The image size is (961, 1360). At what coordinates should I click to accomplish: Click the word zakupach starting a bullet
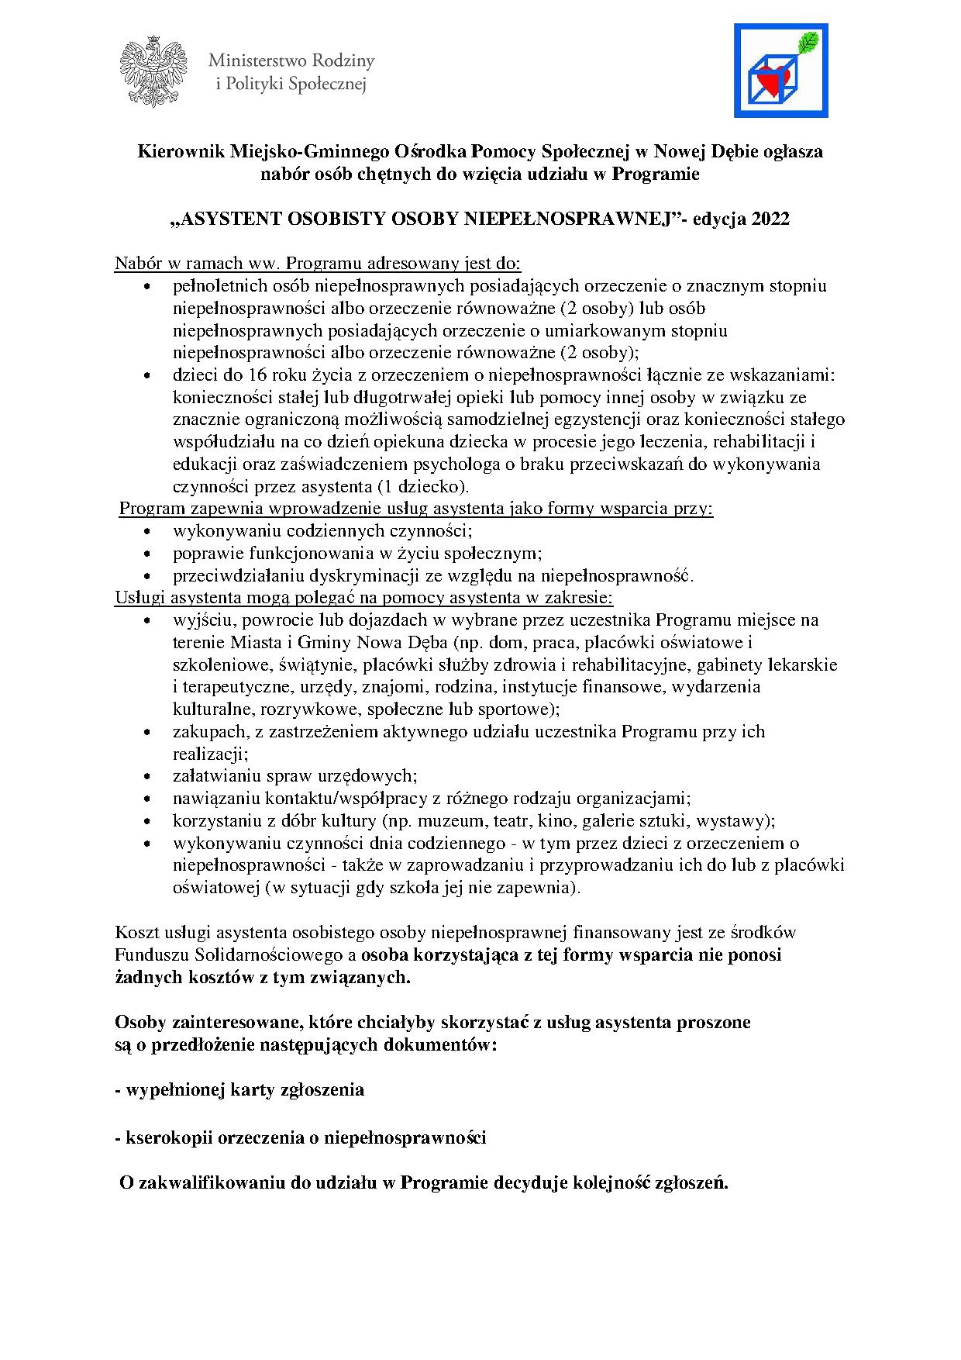206,731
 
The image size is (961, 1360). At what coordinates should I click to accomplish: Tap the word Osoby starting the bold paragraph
139,1022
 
